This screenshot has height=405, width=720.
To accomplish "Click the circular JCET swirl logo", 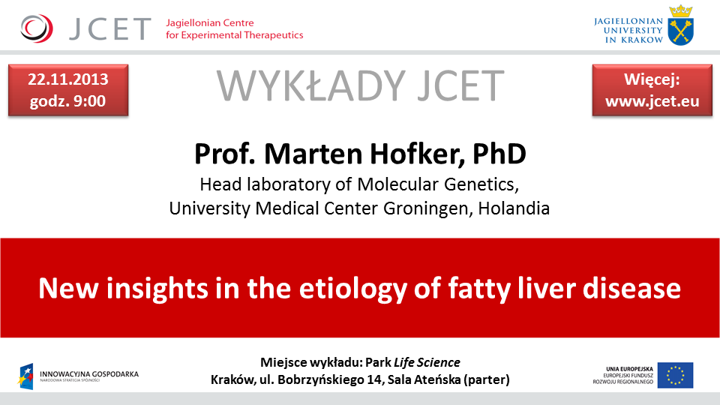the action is pyautogui.click(x=37, y=28).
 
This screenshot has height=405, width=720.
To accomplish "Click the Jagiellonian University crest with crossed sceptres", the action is pyautogui.click(x=680, y=25).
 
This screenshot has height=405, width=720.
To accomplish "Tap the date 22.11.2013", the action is pyautogui.click(x=68, y=79).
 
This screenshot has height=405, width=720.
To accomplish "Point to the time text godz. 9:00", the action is pyautogui.click(x=68, y=101).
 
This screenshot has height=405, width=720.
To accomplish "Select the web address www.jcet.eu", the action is pyautogui.click(x=652, y=101).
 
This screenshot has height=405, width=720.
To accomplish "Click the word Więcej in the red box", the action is pyautogui.click(x=652, y=80).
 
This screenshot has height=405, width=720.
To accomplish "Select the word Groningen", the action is pyautogui.click(x=427, y=209).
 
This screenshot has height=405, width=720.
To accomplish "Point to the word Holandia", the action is pyautogui.click(x=514, y=208).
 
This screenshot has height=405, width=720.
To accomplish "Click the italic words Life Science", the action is pyautogui.click(x=427, y=362).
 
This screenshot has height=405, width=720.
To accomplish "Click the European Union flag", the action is pyautogui.click(x=676, y=375).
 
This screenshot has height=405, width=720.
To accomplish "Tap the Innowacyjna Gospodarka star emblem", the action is pyautogui.click(x=26, y=376).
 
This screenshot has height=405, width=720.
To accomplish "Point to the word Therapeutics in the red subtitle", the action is pyautogui.click(x=274, y=35).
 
